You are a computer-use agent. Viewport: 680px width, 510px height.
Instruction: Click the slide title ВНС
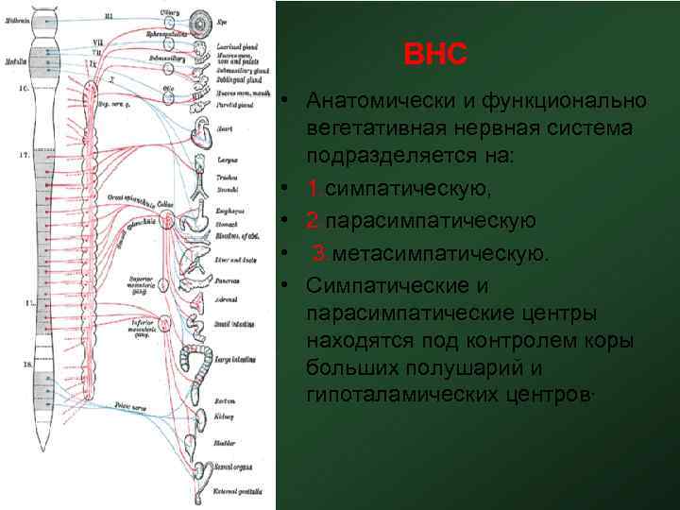[435, 55]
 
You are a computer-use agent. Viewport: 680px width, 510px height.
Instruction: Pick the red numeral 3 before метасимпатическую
[320, 252]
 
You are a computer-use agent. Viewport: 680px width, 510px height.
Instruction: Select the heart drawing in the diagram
[204, 132]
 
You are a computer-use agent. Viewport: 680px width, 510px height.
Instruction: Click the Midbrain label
[16, 19]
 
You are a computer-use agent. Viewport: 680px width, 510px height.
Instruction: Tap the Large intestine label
[236, 360]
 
